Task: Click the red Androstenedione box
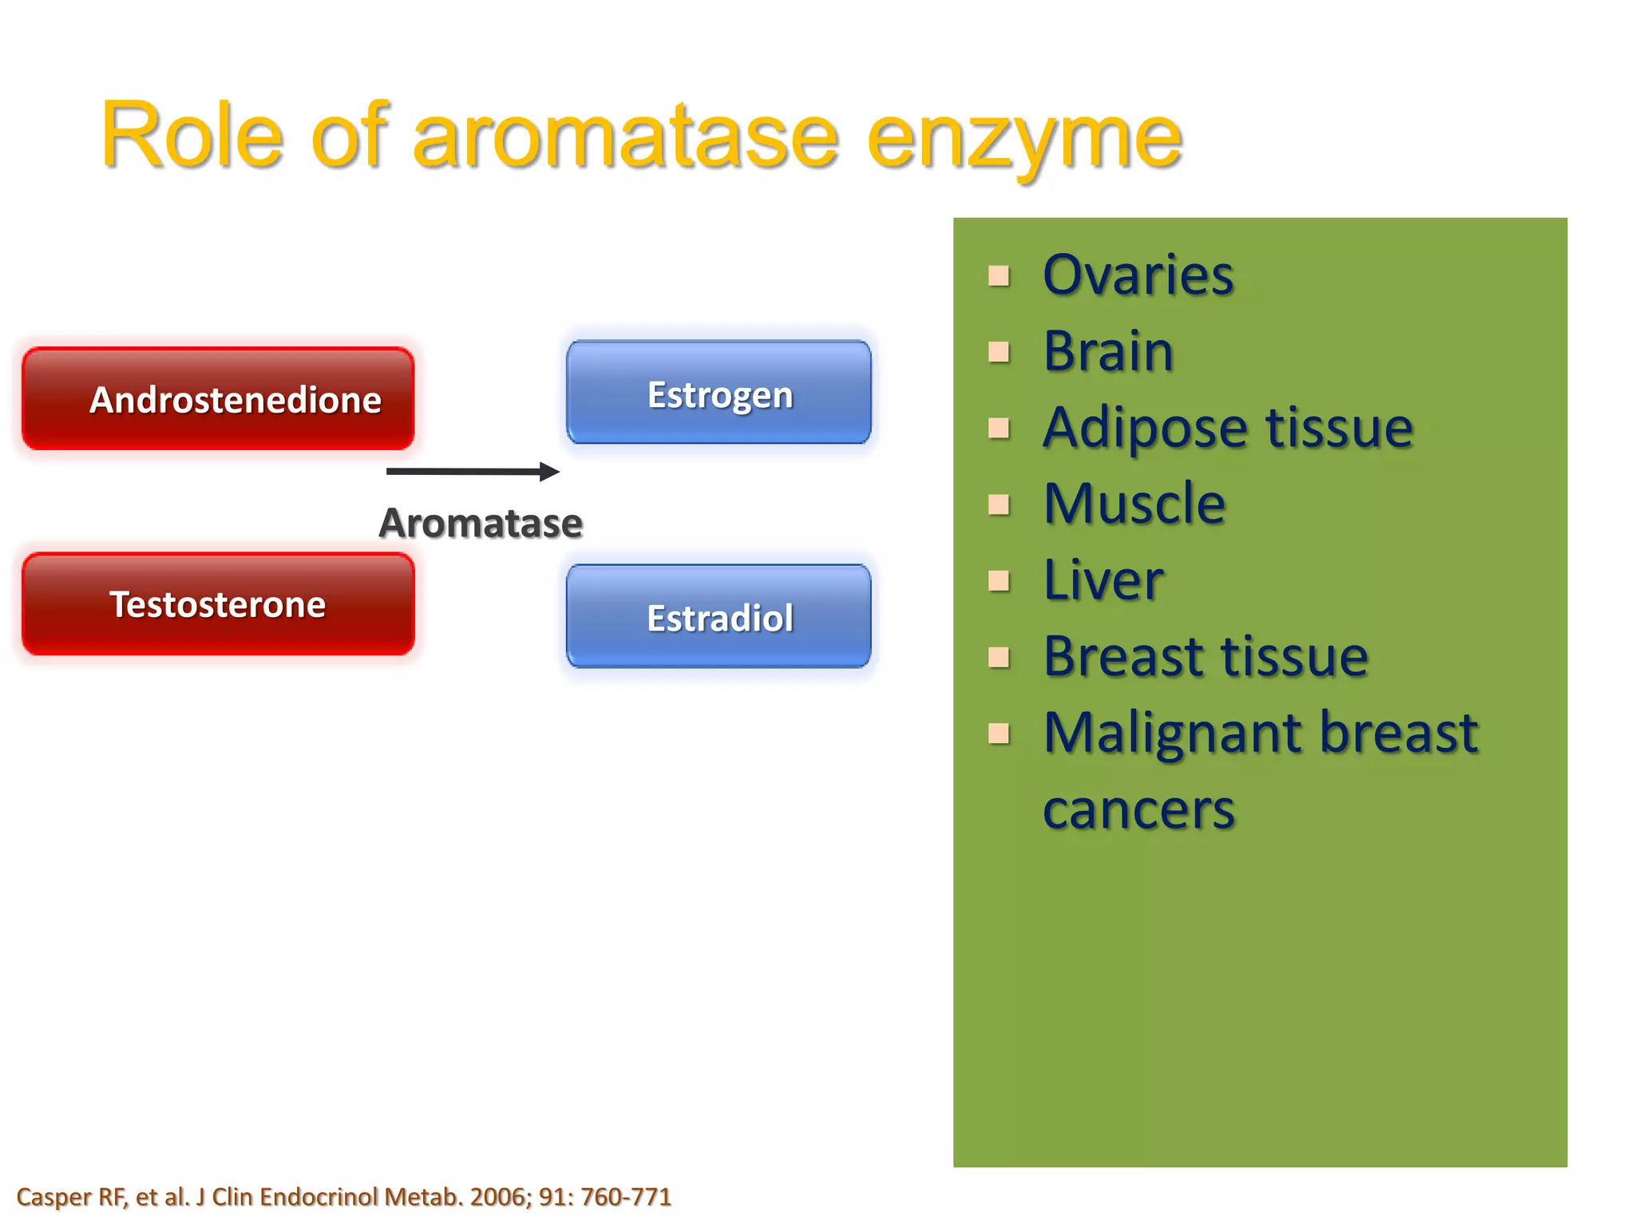218,398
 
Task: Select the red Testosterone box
218,604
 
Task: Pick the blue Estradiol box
719,617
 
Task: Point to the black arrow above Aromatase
473,472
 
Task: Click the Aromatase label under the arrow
481,524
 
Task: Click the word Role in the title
192,136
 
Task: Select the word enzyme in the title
1023,137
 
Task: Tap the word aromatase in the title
625,137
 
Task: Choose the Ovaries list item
1138,275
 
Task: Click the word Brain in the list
1108,351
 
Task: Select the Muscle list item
1134,504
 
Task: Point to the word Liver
1103,580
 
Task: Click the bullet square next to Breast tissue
998,658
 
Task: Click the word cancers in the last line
1138,810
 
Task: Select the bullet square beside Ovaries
998,276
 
